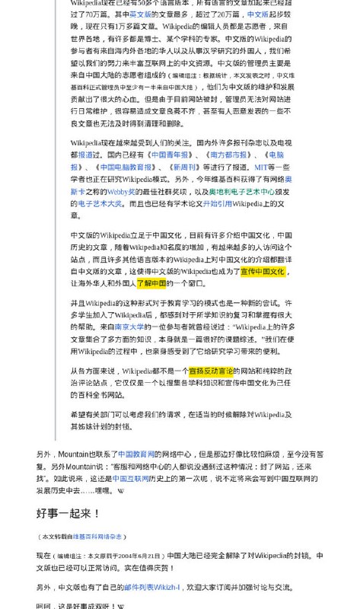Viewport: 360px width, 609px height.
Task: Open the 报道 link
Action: [86, 155]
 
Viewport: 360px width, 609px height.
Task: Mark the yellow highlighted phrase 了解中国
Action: [151, 283]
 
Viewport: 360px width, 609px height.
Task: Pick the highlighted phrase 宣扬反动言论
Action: [212, 371]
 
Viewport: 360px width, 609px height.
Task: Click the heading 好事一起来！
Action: [68, 514]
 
